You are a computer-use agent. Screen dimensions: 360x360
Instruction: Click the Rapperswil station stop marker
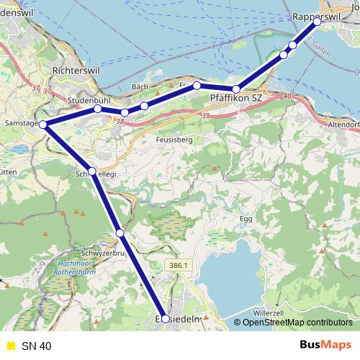coord(317,22)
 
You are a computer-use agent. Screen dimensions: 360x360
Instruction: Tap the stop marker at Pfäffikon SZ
coord(236,89)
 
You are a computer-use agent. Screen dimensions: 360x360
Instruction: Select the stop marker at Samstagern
coord(44,125)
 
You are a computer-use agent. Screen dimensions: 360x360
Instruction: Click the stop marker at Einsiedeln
coord(166,318)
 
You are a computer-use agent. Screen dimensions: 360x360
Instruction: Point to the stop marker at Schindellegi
coord(92,171)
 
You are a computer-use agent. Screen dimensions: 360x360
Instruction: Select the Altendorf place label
coord(343,124)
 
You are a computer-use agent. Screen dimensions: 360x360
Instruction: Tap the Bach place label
coord(140,87)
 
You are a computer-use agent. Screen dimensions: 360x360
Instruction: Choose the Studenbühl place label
coord(88,99)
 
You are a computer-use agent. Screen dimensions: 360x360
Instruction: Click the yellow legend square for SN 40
coord(9,346)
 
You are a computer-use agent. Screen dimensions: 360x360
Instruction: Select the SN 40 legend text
coord(36,346)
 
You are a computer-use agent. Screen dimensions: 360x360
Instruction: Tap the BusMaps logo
coord(325,346)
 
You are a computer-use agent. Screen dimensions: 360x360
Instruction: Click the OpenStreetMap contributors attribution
coord(297,323)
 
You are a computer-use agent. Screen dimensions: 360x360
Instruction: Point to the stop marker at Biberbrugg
coord(120,233)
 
